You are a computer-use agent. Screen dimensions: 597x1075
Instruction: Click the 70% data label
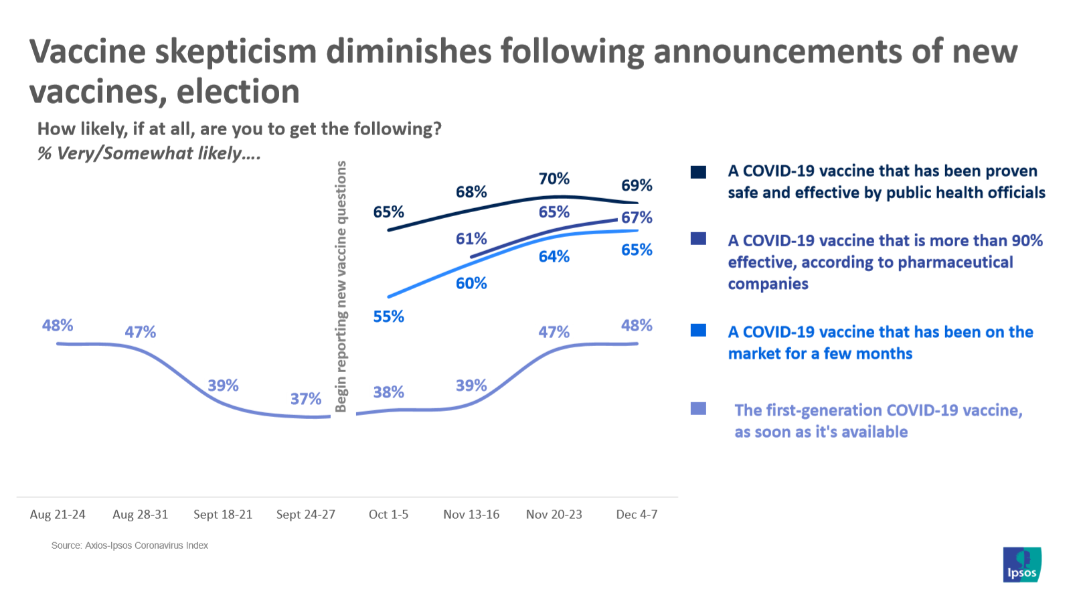point(554,179)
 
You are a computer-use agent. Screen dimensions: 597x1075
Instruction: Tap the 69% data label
point(637,185)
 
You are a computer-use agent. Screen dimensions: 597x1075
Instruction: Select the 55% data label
point(388,317)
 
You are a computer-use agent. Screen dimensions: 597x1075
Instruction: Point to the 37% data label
point(306,399)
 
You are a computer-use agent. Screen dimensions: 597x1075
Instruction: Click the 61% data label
point(471,239)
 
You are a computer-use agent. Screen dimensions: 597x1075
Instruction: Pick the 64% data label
point(554,256)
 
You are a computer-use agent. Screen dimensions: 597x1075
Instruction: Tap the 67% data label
point(637,218)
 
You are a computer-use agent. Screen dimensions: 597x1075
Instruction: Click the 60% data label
point(471,283)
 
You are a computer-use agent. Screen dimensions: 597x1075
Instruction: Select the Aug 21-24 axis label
point(58,515)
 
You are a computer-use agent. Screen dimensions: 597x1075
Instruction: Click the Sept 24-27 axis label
point(306,515)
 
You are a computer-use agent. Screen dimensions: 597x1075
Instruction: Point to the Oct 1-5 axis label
point(388,515)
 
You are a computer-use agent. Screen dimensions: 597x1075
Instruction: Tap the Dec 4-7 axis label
point(637,515)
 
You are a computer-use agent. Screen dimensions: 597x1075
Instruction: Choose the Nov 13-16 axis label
point(471,515)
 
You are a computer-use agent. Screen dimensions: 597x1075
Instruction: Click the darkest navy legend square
point(698,172)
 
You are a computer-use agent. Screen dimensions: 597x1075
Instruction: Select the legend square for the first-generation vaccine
point(698,408)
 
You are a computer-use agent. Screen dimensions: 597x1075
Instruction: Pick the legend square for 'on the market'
point(698,330)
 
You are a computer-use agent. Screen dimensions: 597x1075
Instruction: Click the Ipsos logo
point(1022,564)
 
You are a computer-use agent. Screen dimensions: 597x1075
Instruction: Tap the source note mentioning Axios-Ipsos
point(130,545)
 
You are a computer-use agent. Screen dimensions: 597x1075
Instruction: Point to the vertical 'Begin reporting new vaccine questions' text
point(341,286)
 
